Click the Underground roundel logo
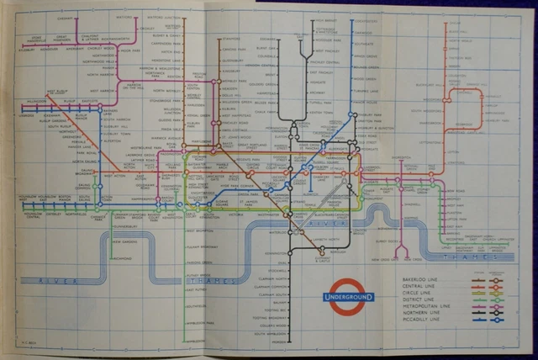[345, 295]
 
